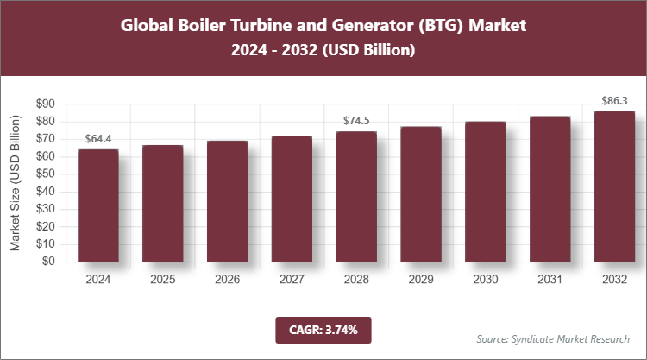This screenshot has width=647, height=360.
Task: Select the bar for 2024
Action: (x=98, y=205)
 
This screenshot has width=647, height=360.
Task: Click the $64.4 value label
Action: (x=98, y=138)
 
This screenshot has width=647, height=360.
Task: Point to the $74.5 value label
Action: (x=356, y=120)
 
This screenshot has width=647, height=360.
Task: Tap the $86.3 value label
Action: (x=614, y=100)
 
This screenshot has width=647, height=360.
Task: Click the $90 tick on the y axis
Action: (x=44, y=104)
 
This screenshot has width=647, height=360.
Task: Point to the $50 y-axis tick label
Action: (x=44, y=174)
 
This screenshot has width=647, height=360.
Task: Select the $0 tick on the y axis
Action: (x=47, y=262)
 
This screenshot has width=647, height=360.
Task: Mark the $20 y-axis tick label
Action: (x=44, y=226)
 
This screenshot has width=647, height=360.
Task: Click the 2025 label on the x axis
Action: (x=163, y=280)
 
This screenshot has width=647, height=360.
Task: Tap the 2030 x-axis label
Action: (x=486, y=280)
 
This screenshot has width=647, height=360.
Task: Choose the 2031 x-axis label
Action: (x=550, y=280)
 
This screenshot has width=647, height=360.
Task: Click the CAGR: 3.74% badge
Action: (x=323, y=329)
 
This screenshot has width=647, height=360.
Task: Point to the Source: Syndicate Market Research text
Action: (x=553, y=338)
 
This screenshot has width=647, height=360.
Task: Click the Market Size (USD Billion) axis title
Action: (x=16, y=183)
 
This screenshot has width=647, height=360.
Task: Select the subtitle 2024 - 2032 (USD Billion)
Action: (x=323, y=51)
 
